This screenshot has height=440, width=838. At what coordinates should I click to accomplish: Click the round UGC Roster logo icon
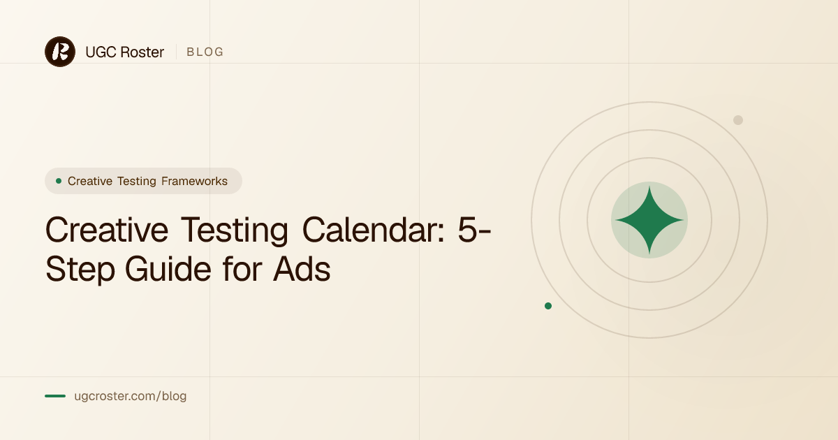click(60, 52)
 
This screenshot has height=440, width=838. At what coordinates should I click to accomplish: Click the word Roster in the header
click(142, 52)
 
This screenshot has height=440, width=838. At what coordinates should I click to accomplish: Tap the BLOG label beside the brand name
click(205, 52)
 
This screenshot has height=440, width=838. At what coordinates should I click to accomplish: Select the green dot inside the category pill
click(59, 181)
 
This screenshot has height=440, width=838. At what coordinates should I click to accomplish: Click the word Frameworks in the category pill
click(195, 181)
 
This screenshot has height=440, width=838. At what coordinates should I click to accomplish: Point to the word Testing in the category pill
click(137, 182)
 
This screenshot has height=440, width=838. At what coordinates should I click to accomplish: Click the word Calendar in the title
click(374, 230)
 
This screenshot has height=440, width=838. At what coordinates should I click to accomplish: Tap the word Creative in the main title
click(107, 230)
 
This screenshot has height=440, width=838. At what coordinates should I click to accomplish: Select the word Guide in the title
click(168, 269)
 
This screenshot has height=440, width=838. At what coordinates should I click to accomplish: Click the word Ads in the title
click(302, 269)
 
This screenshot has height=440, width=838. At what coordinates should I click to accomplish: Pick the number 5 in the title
click(468, 230)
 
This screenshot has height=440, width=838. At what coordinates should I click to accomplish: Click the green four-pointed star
click(649, 220)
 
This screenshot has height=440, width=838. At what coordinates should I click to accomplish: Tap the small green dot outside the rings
click(548, 306)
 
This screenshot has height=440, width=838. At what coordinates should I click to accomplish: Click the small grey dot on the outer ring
click(737, 120)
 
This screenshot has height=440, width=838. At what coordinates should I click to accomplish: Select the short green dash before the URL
click(55, 396)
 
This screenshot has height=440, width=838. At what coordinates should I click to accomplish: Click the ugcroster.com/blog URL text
click(130, 396)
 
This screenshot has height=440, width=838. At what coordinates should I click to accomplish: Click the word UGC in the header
click(101, 52)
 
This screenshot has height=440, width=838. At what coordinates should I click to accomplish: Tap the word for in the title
click(242, 268)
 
